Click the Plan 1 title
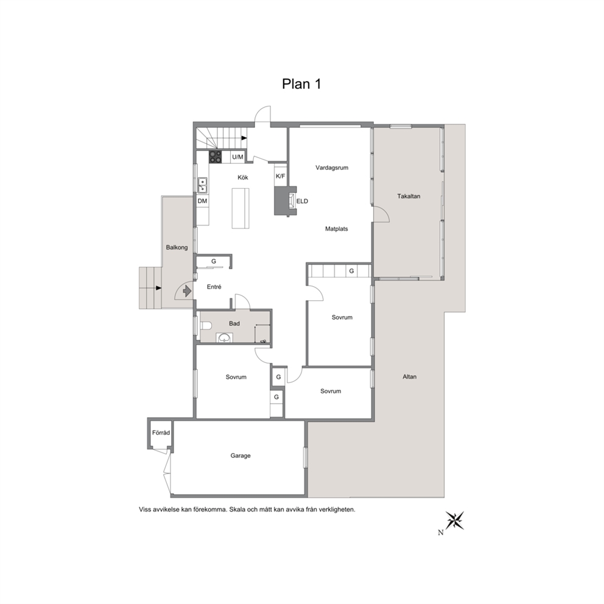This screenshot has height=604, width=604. click(301, 84)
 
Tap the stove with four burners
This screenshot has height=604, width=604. click(216, 156)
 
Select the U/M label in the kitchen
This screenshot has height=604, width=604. click(237, 157)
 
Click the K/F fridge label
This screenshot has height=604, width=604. click(281, 177)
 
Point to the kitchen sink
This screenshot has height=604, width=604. click(202, 185)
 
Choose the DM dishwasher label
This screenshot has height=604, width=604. click(202, 201)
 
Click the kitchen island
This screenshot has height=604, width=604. click(241, 208)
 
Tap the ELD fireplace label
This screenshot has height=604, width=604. click(303, 201)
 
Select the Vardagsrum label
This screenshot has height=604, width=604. click(332, 167)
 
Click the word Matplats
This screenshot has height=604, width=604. click(336, 229)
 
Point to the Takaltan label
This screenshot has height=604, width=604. click(409, 196)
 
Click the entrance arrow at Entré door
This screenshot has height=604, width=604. click(187, 290)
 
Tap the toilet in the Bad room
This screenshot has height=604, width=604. click(206, 326)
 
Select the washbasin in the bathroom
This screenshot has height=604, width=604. click(224, 338)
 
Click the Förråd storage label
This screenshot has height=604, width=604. click(161, 432)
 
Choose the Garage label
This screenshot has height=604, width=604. click(241, 455)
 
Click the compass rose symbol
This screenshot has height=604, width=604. click(455, 521)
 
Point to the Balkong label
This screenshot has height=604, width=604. click(177, 247)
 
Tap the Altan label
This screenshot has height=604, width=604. click(410, 377)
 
